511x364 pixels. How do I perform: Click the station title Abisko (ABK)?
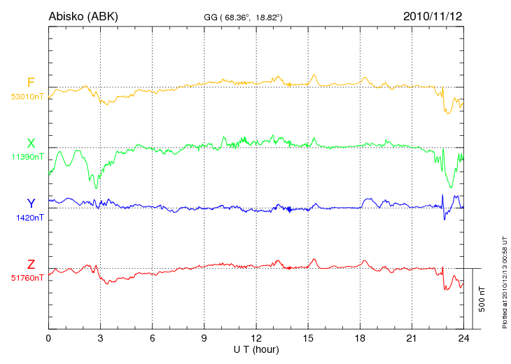coord(83,15)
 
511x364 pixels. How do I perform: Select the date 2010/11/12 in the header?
coord(433,15)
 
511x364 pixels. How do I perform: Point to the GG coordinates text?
coord(243,16)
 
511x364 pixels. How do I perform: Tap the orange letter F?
coord(31,83)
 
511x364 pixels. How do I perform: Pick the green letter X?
coord(31,143)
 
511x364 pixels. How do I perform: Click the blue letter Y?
coord(31,204)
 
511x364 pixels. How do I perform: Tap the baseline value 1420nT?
coord(30,218)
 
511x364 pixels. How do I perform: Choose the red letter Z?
coord(31,265)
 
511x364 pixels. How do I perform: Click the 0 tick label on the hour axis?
coord(48,339)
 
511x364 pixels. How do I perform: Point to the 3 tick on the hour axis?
coord(100,339)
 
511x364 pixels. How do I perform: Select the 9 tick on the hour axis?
coord(204,339)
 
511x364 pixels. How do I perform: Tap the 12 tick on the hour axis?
coord(255,339)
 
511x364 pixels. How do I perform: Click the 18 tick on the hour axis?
coord(360,339)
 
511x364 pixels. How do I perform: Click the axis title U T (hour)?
coord(255,349)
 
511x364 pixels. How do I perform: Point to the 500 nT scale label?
coord(482,298)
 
